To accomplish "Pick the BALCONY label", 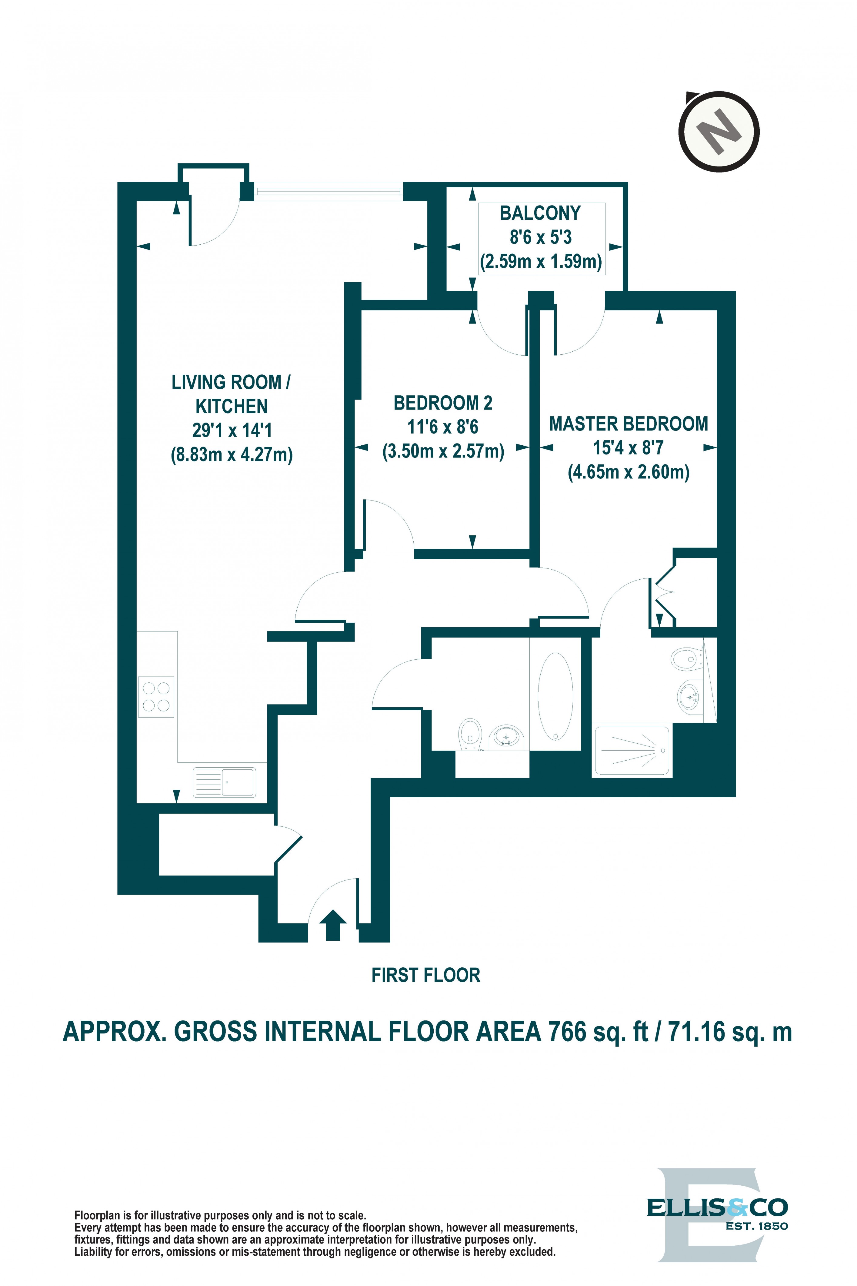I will pyautogui.click(x=540, y=213).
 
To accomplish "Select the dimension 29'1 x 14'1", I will pyautogui.click(x=232, y=430).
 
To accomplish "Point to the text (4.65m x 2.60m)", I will pyautogui.click(x=629, y=471).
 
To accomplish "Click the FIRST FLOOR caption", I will pyautogui.click(x=426, y=975).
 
